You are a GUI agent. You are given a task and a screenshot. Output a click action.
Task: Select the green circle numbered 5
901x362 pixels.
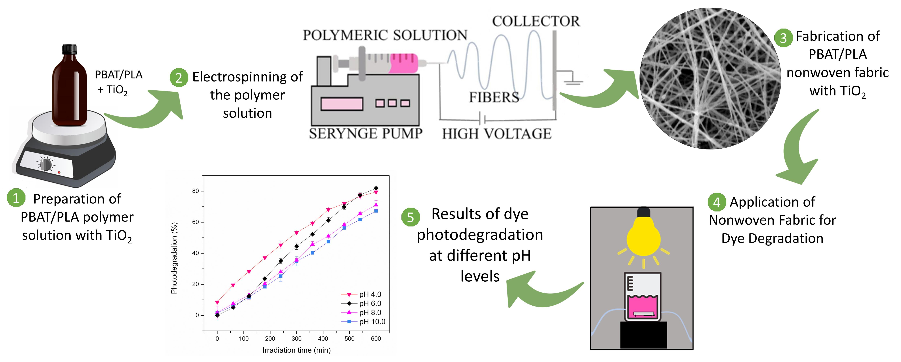click(410, 217)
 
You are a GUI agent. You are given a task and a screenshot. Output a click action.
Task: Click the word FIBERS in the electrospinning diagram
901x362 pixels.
click(494, 97)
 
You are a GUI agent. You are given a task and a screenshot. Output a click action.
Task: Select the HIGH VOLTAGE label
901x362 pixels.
click(497, 134)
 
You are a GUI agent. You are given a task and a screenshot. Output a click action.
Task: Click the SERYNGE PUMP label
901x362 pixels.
click(366, 133)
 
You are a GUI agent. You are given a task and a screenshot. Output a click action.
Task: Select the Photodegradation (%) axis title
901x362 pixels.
click(174, 258)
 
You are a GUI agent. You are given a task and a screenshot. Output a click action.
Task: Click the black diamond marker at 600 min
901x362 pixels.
click(376, 188)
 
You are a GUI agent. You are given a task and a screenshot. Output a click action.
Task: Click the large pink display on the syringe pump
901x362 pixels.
click(342, 104)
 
